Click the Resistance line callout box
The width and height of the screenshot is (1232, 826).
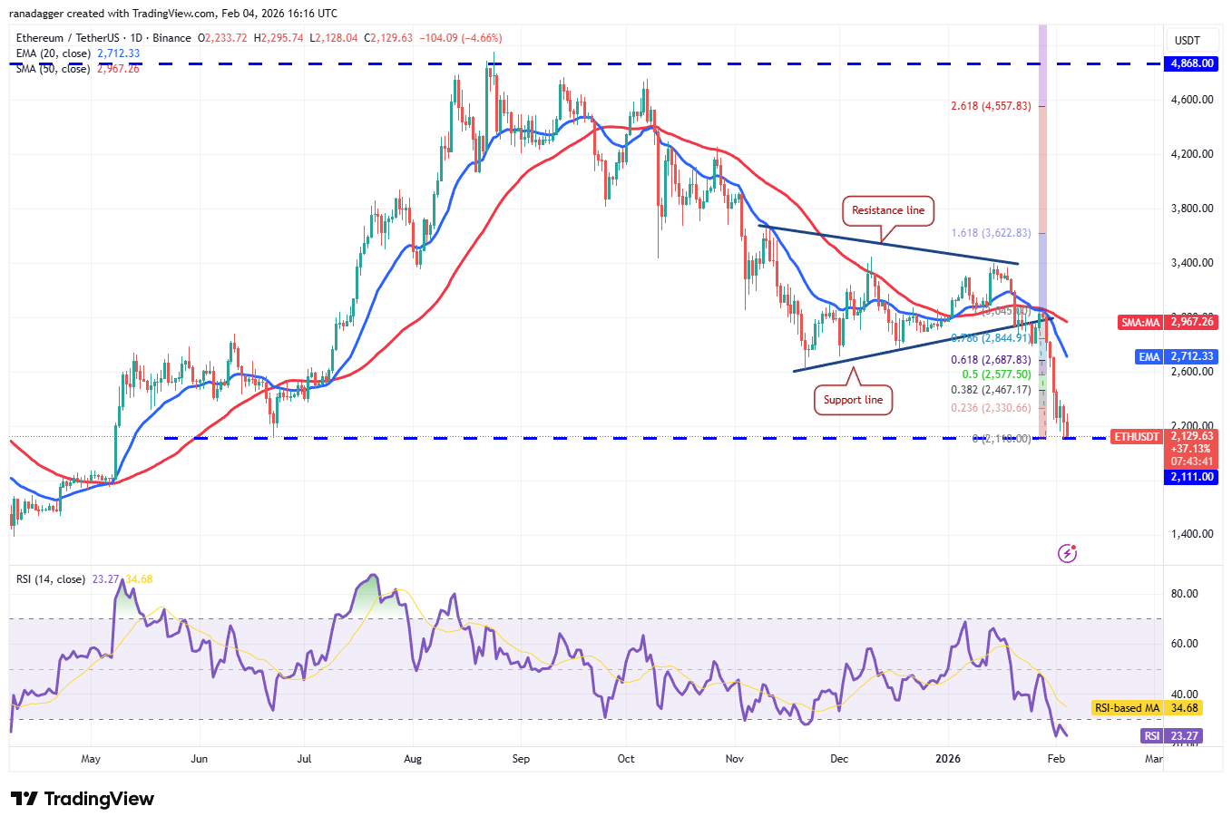tap(888, 210)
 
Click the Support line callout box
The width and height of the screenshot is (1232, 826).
tap(853, 400)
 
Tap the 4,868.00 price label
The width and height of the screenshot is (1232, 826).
tap(1191, 63)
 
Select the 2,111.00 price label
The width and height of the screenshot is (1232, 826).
tap(1191, 477)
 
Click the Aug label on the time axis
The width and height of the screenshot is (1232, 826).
tap(413, 759)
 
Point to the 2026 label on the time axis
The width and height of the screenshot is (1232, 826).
tap(948, 759)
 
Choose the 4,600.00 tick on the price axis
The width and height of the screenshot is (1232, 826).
tap(1192, 100)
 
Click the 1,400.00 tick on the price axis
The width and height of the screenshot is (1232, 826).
tap(1192, 534)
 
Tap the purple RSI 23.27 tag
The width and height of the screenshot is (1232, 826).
tap(1172, 736)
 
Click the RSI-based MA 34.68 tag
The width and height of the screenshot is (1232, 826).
tap(1146, 708)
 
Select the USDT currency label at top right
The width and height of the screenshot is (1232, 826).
tap(1188, 40)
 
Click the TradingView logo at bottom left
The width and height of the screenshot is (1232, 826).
tap(83, 799)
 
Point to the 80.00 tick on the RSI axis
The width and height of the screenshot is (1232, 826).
tap(1185, 594)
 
